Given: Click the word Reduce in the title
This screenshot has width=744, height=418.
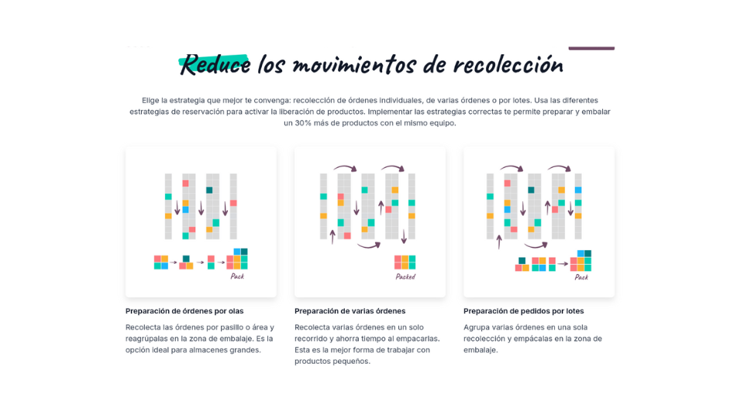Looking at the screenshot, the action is click(x=215, y=64).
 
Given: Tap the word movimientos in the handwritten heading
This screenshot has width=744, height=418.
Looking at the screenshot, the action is click(x=354, y=64).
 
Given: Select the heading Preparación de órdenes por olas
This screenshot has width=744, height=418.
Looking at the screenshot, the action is click(x=184, y=311).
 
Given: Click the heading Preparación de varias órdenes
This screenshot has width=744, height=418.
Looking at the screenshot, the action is click(x=350, y=311).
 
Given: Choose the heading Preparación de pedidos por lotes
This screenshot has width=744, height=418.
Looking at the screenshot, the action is click(x=524, y=311).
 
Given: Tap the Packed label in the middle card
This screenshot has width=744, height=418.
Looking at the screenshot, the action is click(x=405, y=276).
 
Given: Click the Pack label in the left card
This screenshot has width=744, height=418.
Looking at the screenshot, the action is click(x=237, y=276).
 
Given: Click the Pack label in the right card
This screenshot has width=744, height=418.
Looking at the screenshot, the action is click(x=581, y=277).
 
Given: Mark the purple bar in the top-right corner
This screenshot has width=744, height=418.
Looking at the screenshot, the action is click(x=591, y=48).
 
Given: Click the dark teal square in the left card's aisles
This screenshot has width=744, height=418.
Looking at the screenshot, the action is click(x=209, y=190).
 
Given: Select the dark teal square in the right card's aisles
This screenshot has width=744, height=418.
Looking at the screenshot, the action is click(x=531, y=190).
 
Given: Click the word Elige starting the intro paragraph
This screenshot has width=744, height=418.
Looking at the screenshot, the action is click(x=150, y=101).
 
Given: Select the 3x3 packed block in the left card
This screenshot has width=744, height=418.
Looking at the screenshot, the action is click(x=237, y=259).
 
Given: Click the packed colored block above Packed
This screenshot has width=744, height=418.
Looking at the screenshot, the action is click(x=405, y=262).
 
